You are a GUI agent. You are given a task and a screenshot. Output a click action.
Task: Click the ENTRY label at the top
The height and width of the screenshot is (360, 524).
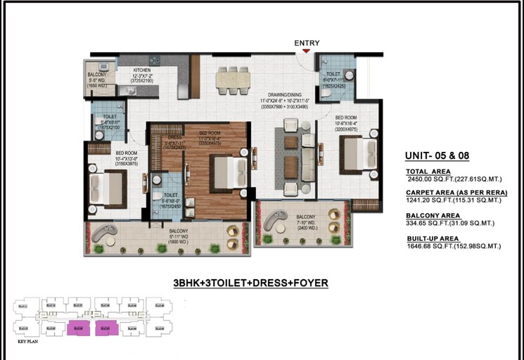(307, 44)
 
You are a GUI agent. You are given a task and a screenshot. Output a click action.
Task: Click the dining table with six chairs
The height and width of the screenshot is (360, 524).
(233, 79)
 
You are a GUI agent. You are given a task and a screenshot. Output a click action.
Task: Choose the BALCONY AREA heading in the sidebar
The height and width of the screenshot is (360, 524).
(434, 216)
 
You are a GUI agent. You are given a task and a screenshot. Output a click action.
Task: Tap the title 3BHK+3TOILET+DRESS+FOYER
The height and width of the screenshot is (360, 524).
(250, 283)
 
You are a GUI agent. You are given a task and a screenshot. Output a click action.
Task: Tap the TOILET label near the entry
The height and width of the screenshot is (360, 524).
(333, 74)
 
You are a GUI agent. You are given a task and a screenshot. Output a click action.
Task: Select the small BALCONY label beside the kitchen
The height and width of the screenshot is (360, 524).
(98, 75)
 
